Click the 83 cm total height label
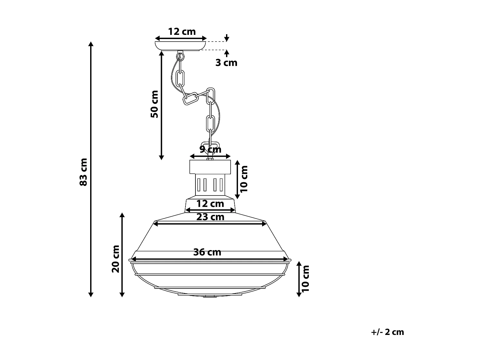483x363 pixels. [83, 172]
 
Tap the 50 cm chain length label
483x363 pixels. [155, 104]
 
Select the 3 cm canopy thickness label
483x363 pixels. [226, 63]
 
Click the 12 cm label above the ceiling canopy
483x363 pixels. [182, 32]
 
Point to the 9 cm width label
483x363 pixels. [210, 149]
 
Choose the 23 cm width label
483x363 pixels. [210, 217]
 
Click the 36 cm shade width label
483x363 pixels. [207, 252]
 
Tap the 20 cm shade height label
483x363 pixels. [116, 259]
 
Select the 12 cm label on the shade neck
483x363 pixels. [210, 204]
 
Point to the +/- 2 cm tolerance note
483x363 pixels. [387, 332]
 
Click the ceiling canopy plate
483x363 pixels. [181, 46]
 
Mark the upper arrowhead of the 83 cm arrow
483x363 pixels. [91, 44]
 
